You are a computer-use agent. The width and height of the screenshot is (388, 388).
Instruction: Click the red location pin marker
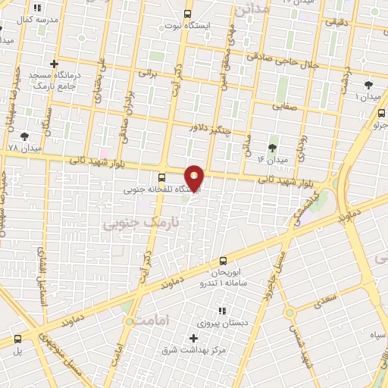pyautogui.click(x=194, y=179)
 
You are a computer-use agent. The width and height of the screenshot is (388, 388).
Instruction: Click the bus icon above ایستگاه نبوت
pyautogui.click(x=189, y=13)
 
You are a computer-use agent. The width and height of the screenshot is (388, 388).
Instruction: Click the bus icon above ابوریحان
pyautogui.click(x=222, y=260)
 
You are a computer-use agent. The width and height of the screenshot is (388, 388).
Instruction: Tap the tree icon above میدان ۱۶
pyautogui.click(x=272, y=147)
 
